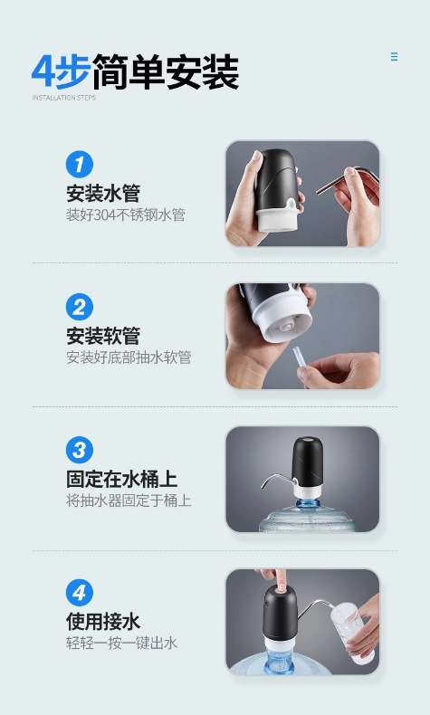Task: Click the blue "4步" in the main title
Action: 61,71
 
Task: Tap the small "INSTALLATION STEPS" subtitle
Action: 64,98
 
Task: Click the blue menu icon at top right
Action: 394,56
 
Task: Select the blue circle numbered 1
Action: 80,165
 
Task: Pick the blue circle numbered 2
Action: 80,307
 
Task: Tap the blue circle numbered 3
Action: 80,450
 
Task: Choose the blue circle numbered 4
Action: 80,593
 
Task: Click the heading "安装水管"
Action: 103,194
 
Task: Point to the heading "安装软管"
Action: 103,336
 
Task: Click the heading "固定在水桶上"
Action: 121,479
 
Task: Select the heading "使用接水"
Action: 103,622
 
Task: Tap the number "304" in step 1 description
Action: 105,214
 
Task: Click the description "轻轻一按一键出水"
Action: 121,643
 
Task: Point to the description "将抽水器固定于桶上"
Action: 129,500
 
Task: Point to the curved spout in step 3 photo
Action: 277,479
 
